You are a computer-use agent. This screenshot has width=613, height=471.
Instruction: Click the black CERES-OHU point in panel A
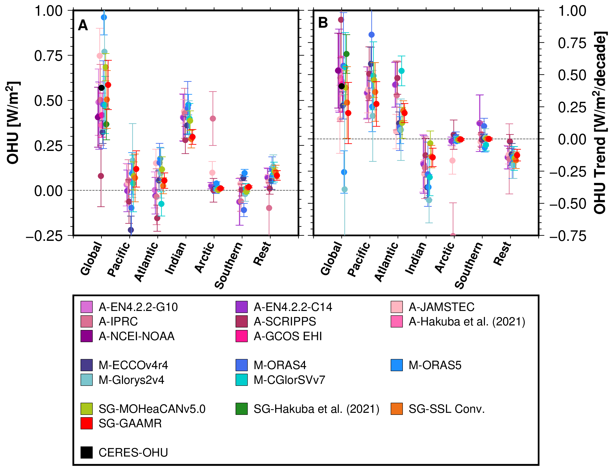tap(101, 88)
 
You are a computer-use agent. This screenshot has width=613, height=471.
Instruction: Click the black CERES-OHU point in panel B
tap(342, 86)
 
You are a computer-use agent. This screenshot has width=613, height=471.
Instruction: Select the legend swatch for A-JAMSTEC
tap(396, 307)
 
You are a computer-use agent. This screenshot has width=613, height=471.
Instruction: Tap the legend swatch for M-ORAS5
tap(396, 365)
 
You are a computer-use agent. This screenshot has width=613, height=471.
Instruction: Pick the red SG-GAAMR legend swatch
tap(87, 423)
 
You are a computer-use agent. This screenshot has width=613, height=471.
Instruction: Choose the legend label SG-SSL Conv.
tap(447, 409)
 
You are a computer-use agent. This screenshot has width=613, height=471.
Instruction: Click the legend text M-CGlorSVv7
tap(289, 380)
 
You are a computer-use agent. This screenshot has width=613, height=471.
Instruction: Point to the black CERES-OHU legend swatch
tap(87, 452)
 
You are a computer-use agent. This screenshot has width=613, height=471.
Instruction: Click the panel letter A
tap(83, 25)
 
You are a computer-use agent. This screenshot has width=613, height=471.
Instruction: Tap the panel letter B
tap(323, 23)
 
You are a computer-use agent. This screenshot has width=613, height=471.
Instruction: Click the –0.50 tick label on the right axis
tap(567, 204)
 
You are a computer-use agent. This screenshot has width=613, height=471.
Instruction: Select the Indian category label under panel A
tap(175, 258)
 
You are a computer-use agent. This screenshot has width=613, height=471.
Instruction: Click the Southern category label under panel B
tap(469, 265)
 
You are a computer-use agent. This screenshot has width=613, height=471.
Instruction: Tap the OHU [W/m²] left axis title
tap(13, 123)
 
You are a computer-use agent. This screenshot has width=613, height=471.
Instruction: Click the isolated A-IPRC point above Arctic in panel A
tap(213, 119)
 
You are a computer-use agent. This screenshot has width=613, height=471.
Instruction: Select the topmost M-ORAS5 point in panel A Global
tap(104, 17)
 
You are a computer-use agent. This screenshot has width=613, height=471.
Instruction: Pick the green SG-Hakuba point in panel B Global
tap(346, 54)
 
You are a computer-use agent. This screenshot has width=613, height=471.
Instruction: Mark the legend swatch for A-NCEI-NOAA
tap(87, 336)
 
